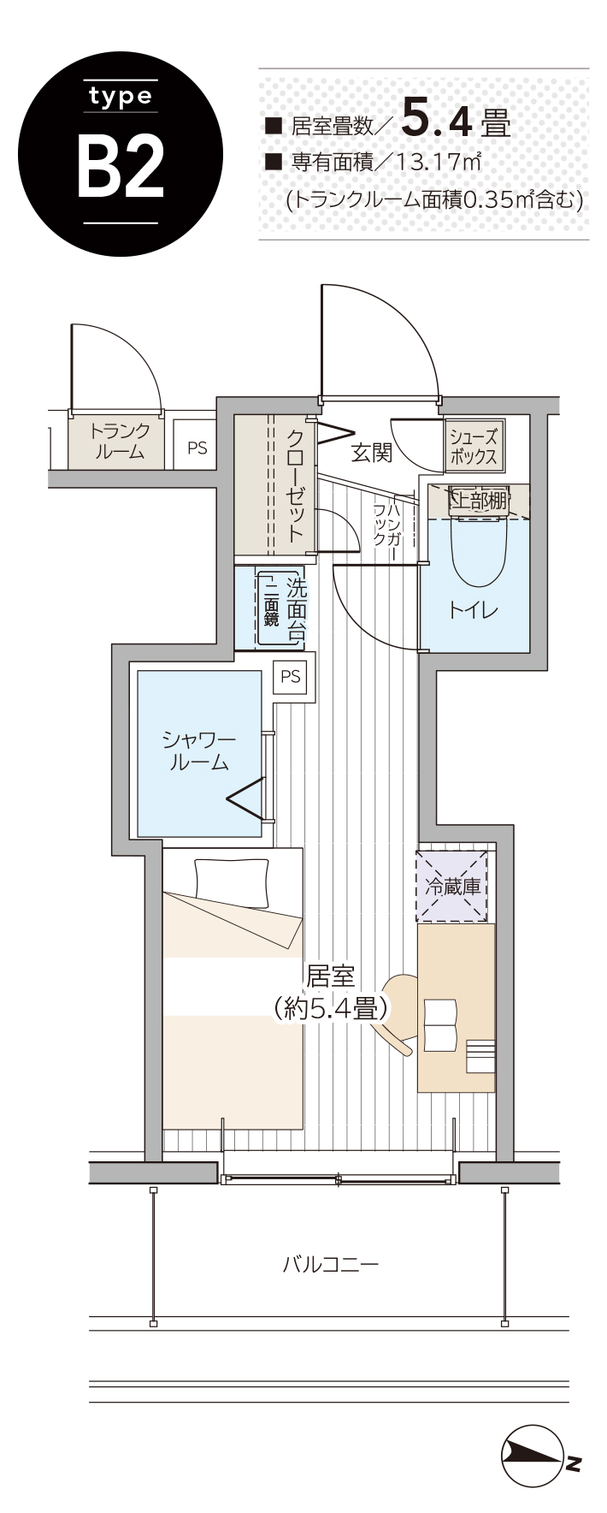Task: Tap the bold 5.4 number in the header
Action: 437,119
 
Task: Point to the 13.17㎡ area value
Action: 437,162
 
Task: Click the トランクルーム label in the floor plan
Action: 119,442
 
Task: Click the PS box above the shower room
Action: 291,677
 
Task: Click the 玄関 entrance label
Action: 372,453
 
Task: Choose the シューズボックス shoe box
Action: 474,445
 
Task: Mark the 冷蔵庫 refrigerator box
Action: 452,885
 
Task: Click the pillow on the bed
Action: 231,882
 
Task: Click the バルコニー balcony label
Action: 330,1264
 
